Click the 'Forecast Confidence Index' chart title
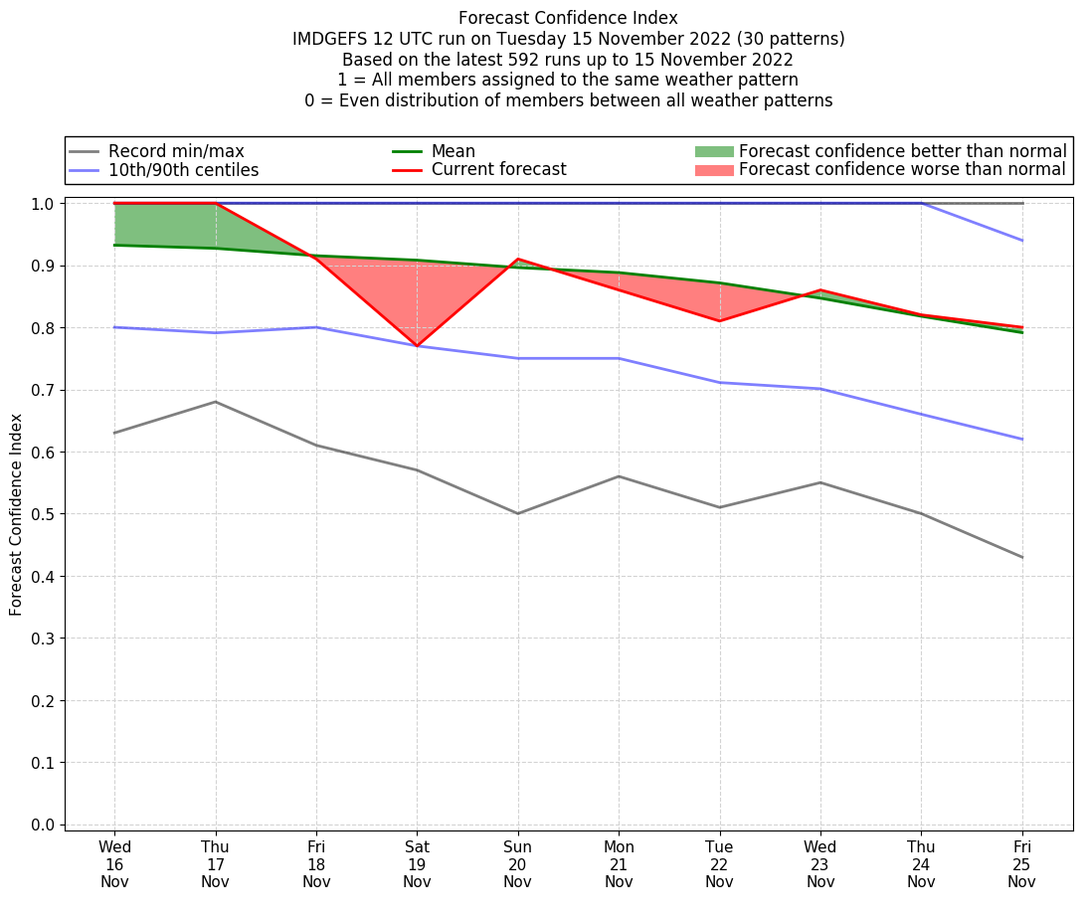click(568, 18)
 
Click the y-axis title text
click(16, 514)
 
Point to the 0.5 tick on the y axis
click(44, 514)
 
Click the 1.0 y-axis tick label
click(44, 204)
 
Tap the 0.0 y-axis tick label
click(44, 825)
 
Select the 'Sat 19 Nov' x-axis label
click(417, 863)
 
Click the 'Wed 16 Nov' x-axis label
click(114, 863)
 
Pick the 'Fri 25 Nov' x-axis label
click(1021, 863)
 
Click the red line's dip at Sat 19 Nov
click(417, 346)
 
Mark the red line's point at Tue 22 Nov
click(719, 321)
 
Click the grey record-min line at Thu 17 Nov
click(216, 402)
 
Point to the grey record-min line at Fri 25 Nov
click(1021, 557)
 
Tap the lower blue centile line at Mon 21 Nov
click(619, 358)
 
